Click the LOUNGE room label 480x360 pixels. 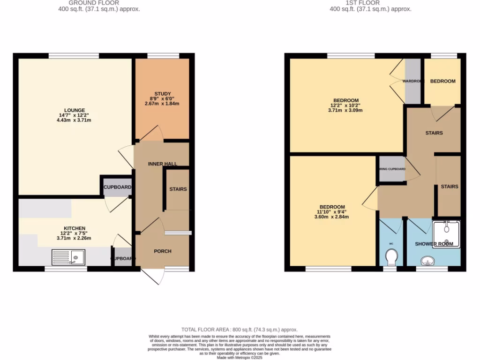pyautogui.click(x=75, y=110)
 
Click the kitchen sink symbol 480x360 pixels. pyautogui.click(x=68, y=257)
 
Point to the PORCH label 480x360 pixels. pyautogui.click(x=163, y=251)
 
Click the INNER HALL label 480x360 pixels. pyautogui.click(x=162, y=164)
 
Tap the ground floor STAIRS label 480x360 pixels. pyautogui.click(x=178, y=189)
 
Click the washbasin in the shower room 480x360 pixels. pyautogui.click(x=427, y=261)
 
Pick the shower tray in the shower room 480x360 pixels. pyautogui.click(x=446, y=234)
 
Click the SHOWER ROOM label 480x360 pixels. pyautogui.click(x=434, y=244)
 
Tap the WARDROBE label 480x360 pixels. pyautogui.click(x=413, y=81)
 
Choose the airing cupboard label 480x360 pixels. pyautogui.click(x=392, y=169)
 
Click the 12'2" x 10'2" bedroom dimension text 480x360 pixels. pyautogui.click(x=346, y=105)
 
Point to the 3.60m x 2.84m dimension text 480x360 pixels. pyautogui.click(x=332, y=217)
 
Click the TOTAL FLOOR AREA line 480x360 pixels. pyautogui.click(x=240, y=330)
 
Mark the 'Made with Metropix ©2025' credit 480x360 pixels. pyautogui.click(x=240, y=358)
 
